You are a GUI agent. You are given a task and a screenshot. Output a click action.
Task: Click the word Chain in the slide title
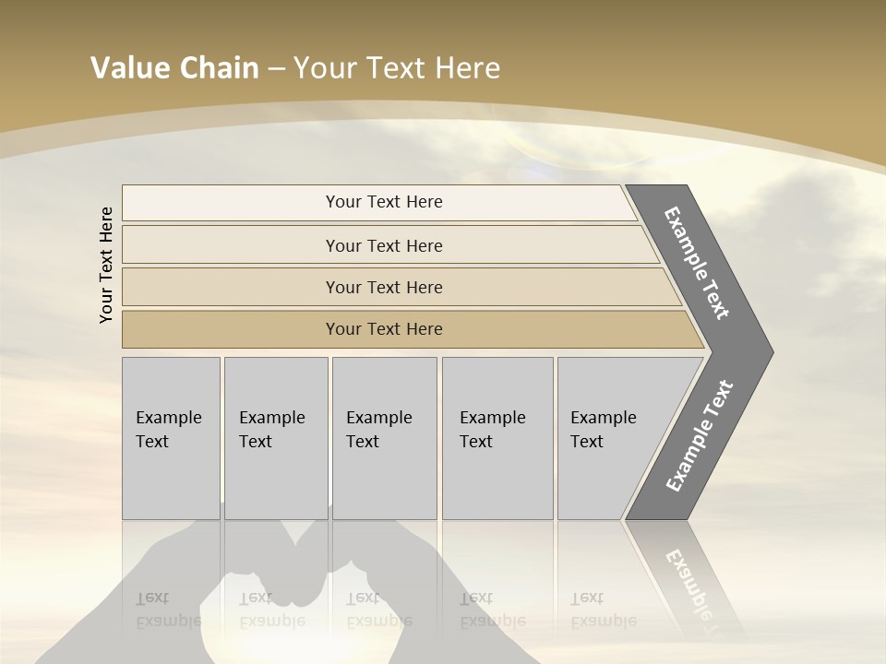[x=220, y=68]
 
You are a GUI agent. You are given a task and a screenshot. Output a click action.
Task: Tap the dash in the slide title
[x=276, y=69]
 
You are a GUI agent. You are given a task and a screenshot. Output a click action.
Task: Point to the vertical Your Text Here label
[x=106, y=265]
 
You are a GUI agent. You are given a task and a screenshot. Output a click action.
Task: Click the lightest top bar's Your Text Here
[x=384, y=202]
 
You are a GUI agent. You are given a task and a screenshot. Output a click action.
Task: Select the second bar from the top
[x=384, y=245]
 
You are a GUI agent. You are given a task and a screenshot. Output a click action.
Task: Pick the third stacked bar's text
[x=384, y=287]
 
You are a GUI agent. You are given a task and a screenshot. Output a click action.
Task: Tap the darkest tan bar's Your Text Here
[x=384, y=329]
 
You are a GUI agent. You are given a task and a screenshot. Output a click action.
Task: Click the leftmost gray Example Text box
[x=171, y=438]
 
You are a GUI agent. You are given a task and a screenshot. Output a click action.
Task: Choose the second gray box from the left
[x=275, y=438]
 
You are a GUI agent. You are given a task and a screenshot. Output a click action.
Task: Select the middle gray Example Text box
[x=384, y=438]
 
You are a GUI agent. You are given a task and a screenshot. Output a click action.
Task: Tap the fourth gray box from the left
[x=497, y=438]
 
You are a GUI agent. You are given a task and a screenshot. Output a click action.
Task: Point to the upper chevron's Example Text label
[x=697, y=263]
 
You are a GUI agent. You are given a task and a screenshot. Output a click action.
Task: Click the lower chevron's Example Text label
[x=699, y=436]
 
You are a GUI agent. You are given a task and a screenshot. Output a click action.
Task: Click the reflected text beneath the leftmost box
[x=168, y=610]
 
